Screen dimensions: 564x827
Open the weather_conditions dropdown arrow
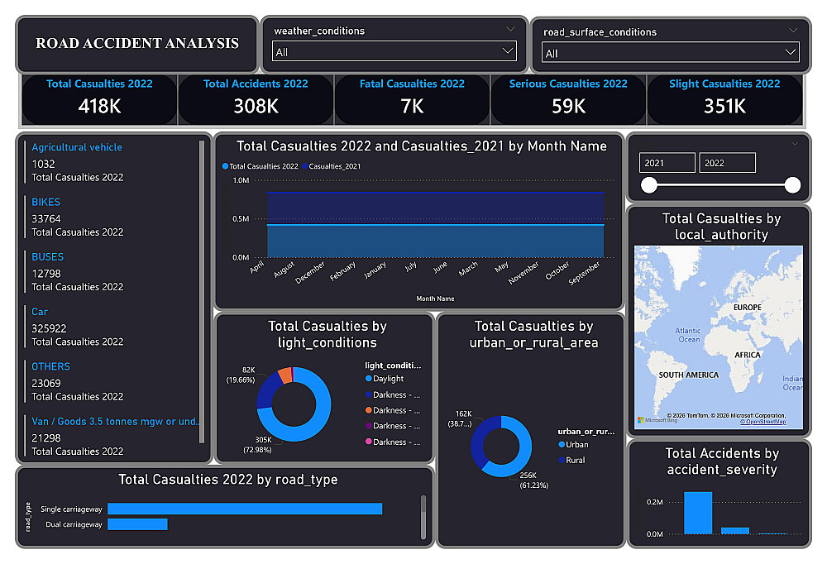tap(508, 51)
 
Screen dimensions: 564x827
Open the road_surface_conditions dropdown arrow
tap(791, 53)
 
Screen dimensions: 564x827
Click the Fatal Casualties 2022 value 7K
tap(412, 106)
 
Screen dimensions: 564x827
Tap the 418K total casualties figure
tap(99, 106)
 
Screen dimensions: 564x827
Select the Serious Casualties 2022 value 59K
tap(568, 106)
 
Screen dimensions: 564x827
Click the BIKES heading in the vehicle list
tap(46, 202)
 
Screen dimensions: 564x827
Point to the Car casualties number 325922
tap(50, 328)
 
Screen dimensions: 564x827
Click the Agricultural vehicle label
tap(77, 147)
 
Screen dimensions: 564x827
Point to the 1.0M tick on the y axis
tap(241, 180)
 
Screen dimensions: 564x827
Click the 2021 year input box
tap(667, 163)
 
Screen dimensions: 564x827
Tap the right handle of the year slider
tap(792, 185)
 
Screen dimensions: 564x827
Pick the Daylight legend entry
tap(388, 379)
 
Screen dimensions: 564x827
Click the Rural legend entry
tap(575, 460)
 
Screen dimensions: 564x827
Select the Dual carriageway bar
tap(137, 524)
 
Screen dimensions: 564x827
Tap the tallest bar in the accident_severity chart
tap(697, 513)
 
